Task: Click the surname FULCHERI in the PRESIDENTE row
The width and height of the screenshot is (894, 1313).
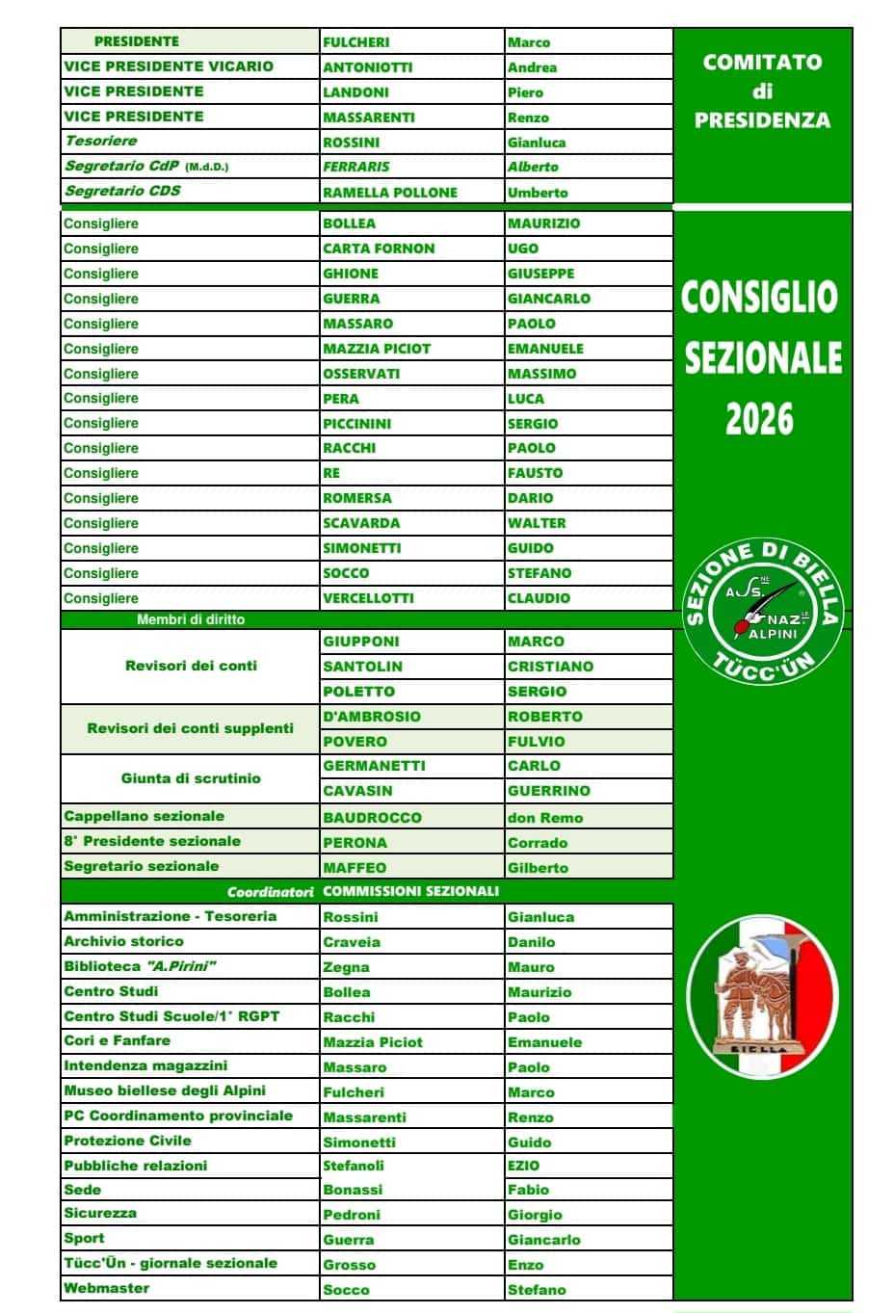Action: [356, 42]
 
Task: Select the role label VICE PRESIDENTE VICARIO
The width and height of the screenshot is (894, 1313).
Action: [169, 66]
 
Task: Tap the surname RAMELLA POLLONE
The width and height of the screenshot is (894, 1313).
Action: [390, 193]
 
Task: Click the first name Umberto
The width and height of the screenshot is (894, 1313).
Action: [538, 193]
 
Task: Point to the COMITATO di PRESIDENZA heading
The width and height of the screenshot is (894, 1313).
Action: [762, 91]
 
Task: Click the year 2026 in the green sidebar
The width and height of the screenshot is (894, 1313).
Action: [760, 419]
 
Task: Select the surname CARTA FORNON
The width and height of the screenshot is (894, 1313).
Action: [379, 249]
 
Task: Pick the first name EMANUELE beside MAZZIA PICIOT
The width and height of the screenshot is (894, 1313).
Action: [545, 349]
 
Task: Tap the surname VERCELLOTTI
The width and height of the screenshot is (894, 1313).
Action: [368, 598]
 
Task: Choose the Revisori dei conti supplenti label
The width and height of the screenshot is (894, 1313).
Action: [190, 728]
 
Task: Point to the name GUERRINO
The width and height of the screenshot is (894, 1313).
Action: [549, 791]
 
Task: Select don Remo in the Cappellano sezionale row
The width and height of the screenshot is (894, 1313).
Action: [545, 818]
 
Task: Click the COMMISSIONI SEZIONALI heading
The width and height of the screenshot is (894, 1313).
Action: [410, 891]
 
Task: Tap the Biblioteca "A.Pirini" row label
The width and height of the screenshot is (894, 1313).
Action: [140, 966]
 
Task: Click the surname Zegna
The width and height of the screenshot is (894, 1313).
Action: [346, 967]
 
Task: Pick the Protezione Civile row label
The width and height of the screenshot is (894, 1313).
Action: [127, 1141]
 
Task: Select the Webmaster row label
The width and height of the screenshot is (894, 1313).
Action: [106, 1288]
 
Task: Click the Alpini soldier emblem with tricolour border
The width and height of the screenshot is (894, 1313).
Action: [763, 994]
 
